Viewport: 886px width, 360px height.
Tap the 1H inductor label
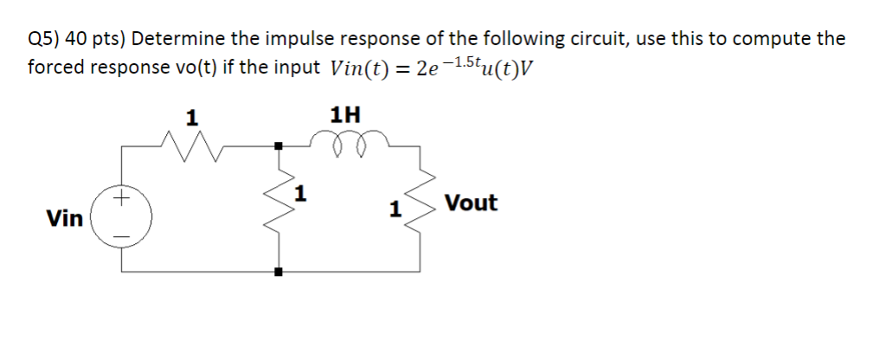pyautogui.click(x=345, y=115)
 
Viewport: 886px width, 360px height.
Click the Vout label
pyautogui.click(x=472, y=204)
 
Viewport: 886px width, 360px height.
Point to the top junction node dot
pyautogui.click(x=278, y=146)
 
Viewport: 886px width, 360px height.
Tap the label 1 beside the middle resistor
pyautogui.click(x=299, y=192)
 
